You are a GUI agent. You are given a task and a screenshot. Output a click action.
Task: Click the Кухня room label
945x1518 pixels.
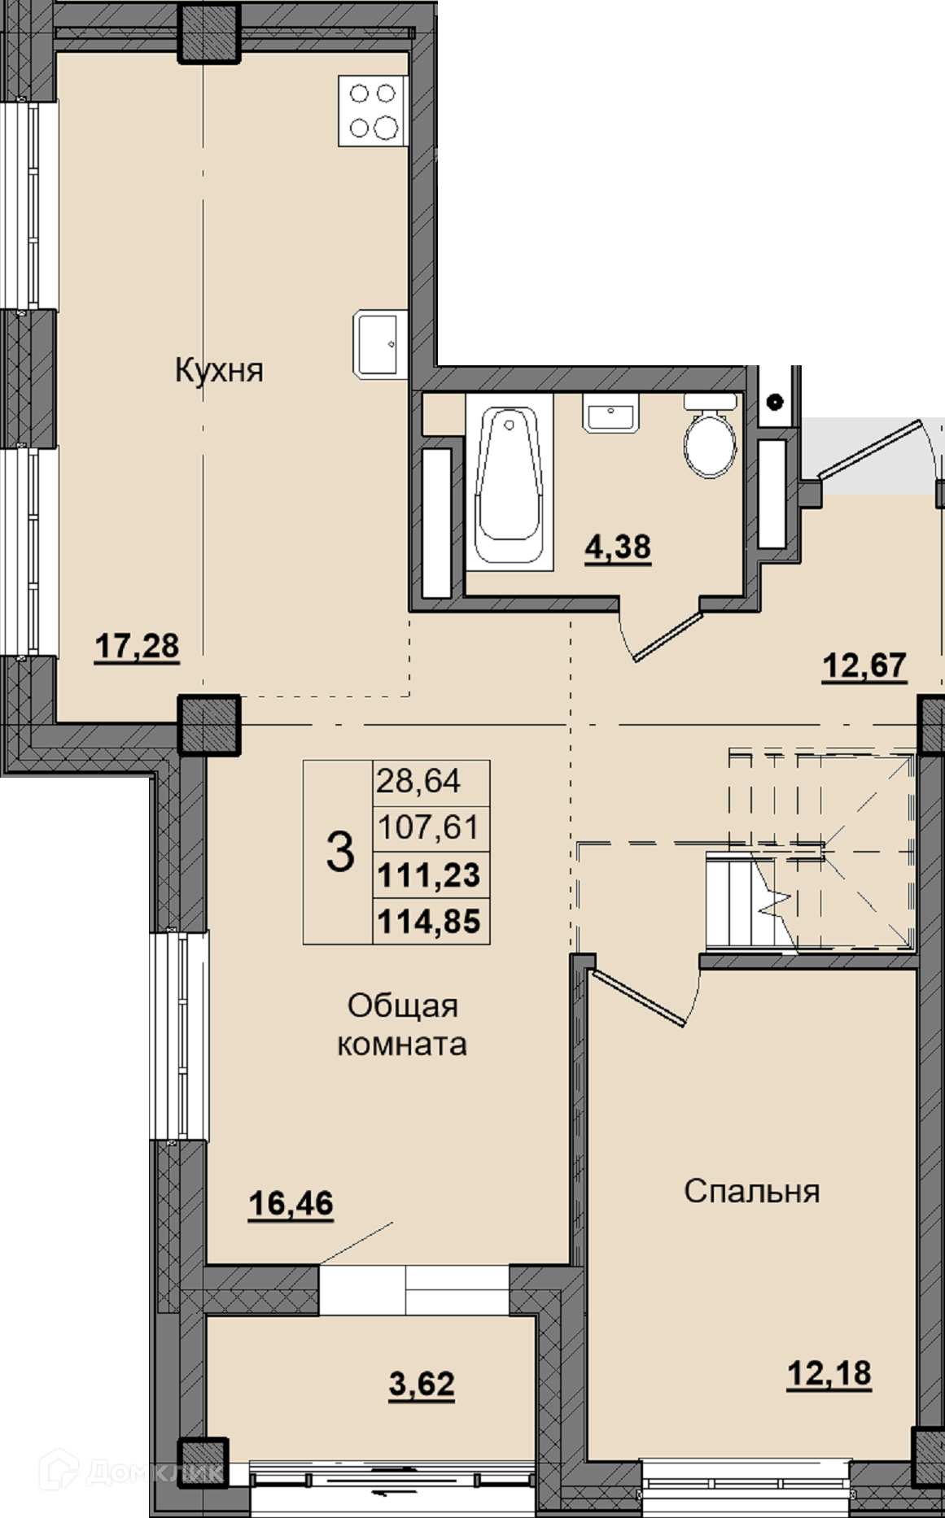219,371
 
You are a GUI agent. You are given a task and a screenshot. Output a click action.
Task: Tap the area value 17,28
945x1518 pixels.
137,648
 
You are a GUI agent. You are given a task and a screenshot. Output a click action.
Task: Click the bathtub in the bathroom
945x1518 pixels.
510,484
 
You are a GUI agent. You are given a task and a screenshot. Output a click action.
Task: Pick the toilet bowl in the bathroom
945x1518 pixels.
711,435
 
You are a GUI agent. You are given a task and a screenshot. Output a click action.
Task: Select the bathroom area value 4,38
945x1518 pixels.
618,547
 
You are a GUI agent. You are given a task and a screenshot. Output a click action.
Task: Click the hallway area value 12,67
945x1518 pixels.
864,665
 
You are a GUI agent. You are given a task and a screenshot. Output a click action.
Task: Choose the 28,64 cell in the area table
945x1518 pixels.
418,782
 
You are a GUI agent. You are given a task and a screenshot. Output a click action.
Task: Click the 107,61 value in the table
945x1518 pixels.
430,828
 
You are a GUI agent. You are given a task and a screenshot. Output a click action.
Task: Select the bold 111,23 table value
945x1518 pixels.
430,875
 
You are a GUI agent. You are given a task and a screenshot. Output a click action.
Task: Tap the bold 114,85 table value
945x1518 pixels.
430,922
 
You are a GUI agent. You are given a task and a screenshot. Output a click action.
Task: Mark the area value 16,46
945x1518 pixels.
291,1203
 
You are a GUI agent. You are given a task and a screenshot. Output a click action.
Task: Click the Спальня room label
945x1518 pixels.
751,1191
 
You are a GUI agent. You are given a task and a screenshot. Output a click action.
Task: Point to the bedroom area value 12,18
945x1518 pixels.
829,1374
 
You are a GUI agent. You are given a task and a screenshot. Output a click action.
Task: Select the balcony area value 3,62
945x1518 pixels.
422,1384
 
